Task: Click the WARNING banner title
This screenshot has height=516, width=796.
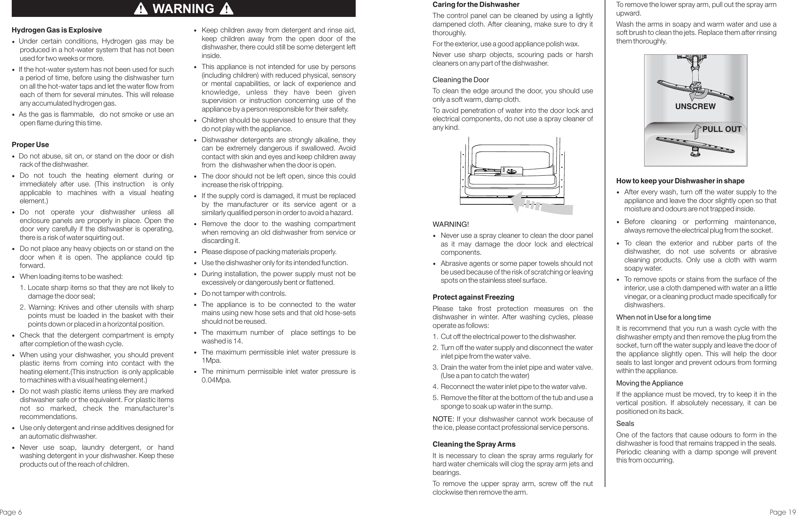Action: coord(183,9)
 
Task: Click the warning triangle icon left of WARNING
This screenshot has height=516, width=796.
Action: coord(142,9)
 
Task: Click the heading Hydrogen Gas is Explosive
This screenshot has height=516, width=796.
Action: coord(57,30)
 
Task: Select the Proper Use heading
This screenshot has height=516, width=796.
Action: coord(30,145)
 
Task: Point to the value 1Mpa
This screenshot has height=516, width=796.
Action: coord(211,360)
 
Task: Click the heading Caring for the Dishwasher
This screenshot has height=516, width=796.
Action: coord(476,5)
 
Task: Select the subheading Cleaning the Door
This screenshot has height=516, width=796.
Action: coord(461,80)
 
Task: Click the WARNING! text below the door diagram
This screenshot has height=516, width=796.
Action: coord(451,224)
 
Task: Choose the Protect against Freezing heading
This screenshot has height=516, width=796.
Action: coord(473,297)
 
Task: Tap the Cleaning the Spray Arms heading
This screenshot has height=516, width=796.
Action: coord(474,444)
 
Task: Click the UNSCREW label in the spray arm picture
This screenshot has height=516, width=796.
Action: coord(695,107)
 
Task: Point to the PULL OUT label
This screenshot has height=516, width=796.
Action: coord(722,129)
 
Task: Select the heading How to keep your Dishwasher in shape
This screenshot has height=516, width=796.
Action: coord(680,181)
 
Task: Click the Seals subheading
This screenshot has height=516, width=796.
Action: coord(625,423)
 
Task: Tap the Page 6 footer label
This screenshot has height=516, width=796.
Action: coord(11,512)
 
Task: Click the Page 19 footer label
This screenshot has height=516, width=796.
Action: coord(783,512)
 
